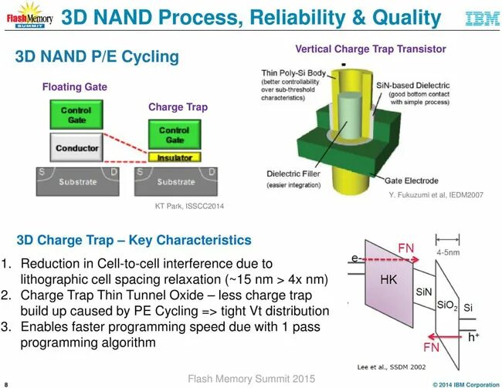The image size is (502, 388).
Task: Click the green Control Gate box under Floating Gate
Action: click(76, 115)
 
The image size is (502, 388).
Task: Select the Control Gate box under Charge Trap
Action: click(175, 135)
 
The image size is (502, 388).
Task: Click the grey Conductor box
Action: click(76, 148)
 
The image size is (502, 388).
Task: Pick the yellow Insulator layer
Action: click(175, 157)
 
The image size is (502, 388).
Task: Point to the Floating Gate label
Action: click(74, 87)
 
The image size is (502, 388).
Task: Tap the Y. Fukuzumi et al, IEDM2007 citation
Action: click(436, 195)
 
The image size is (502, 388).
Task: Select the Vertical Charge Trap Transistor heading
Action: click(371, 49)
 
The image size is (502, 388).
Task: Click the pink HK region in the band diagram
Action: click(388, 279)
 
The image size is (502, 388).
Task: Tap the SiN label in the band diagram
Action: click(424, 292)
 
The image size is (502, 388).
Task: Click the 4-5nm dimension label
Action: click(449, 251)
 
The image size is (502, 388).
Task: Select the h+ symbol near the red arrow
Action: click(473, 336)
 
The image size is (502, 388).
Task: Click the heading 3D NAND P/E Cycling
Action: click(97, 56)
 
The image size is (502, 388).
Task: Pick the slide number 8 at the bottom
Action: click(6, 383)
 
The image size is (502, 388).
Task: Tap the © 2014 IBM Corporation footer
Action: click(466, 383)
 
